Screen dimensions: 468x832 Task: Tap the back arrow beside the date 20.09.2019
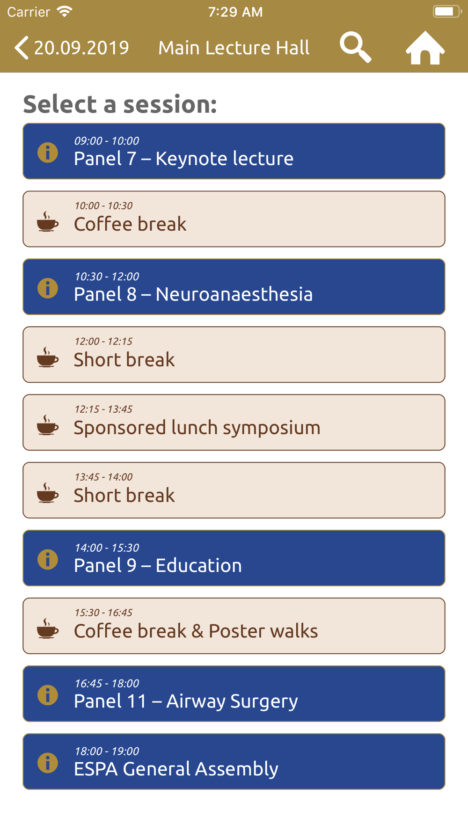(22, 48)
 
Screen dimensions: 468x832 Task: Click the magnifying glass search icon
(356, 47)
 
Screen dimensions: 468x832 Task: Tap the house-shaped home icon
(425, 48)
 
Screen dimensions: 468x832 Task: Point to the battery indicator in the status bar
(447, 11)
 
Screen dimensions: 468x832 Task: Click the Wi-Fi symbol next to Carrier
(65, 11)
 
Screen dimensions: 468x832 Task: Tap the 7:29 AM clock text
(235, 12)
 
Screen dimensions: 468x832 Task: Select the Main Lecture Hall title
(234, 48)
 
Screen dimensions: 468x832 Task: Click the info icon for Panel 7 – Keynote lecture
(48, 153)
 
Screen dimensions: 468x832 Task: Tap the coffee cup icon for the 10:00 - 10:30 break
(48, 221)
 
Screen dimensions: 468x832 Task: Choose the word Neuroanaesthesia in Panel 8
(234, 294)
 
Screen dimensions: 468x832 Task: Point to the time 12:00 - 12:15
(103, 341)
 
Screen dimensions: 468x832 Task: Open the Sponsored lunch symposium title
(197, 428)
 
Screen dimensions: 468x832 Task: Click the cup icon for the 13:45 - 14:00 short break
(48, 493)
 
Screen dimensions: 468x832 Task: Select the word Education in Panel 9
(198, 565)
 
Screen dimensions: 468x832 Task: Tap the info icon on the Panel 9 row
(48, 560)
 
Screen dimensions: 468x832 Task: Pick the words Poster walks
(263, 631)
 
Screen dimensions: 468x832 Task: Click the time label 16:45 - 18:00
(107, 683)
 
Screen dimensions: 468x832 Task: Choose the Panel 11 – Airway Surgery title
(186, 701)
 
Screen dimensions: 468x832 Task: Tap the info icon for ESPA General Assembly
(48, 763)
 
